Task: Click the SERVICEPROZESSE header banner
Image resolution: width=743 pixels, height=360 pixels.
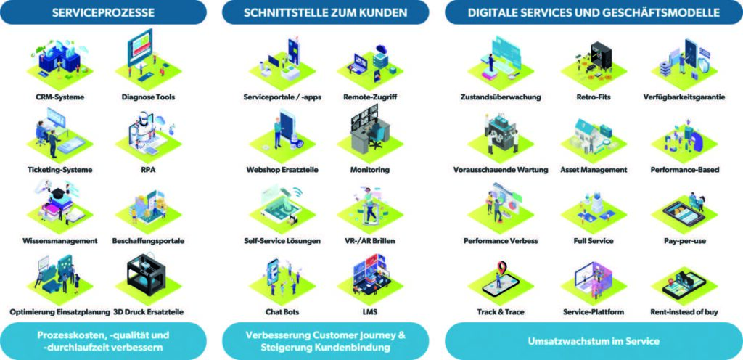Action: [103, 12]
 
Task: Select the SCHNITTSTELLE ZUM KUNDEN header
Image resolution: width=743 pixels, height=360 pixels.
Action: [326, 12]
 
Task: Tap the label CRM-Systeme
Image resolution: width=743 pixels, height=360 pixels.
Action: [59, 97]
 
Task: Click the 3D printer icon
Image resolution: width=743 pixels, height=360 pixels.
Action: [148, 275]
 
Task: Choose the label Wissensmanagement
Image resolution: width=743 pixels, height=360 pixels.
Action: [59, 241]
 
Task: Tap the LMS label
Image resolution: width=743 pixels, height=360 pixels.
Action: [370, 312]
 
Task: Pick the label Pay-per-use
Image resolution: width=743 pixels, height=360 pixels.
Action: [685, 241]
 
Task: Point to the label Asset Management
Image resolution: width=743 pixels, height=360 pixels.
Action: [594, 170]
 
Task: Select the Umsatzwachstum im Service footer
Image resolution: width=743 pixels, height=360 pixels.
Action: [594, 341]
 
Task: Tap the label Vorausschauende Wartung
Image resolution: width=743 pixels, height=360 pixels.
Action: [501, 170]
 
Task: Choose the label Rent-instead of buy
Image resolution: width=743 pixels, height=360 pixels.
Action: [684, 312]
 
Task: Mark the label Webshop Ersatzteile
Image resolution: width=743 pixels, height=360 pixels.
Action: [282, 170]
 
